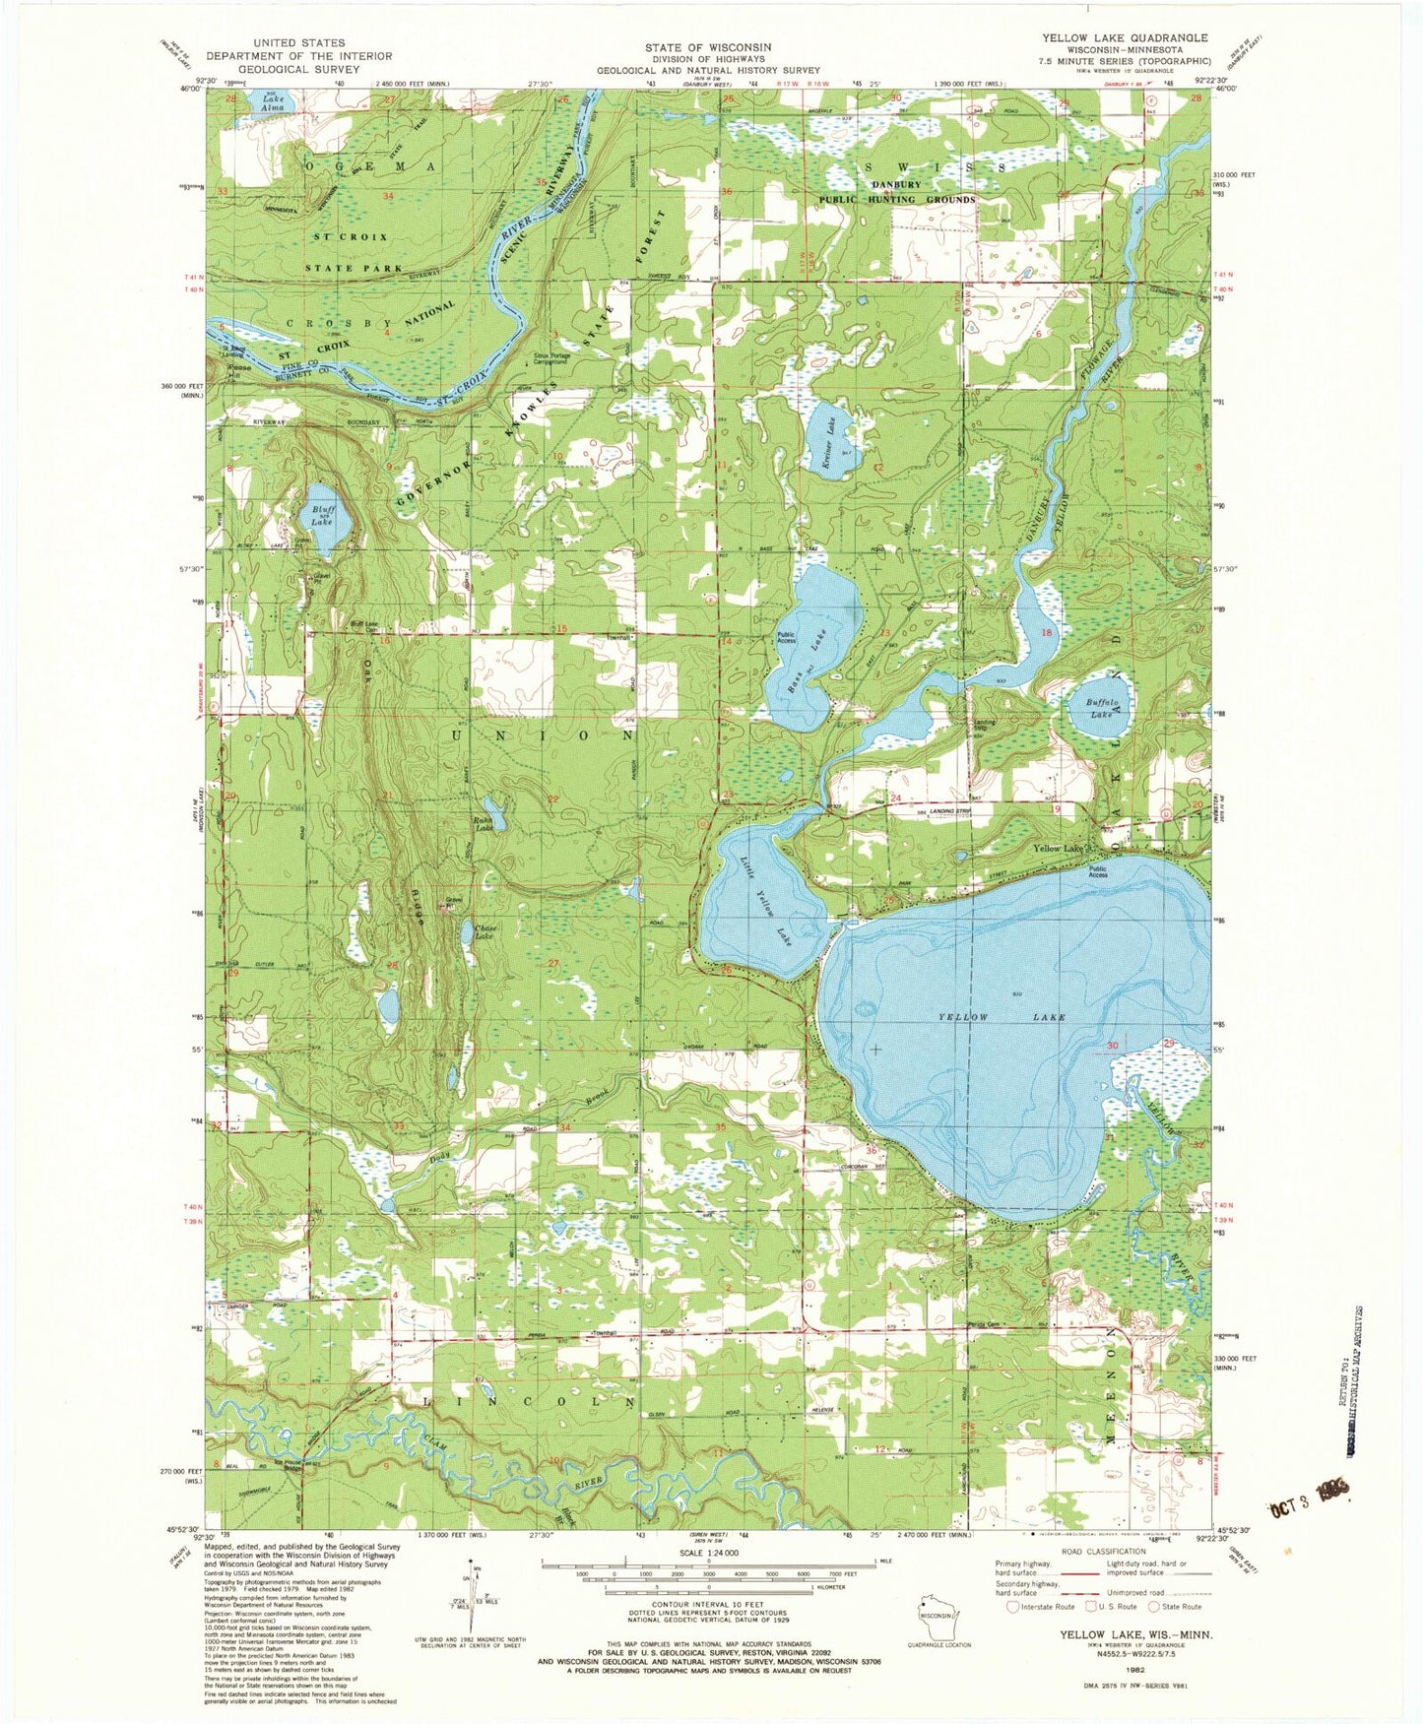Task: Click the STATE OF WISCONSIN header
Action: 708,47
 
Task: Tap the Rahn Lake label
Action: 485,829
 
